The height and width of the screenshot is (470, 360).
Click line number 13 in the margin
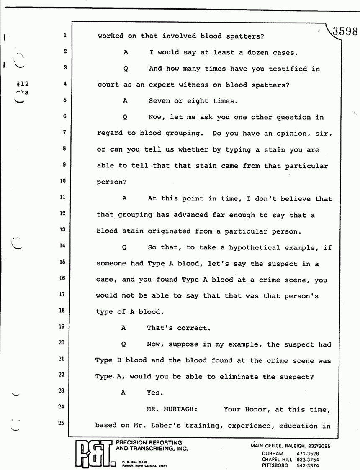click(63, 229)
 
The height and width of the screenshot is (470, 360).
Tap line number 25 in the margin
click(61, 423)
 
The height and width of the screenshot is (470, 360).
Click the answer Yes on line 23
click(153, 393)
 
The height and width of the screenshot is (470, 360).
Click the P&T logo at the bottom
click(94, 453)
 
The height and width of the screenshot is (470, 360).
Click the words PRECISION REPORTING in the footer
click(149, 442)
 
